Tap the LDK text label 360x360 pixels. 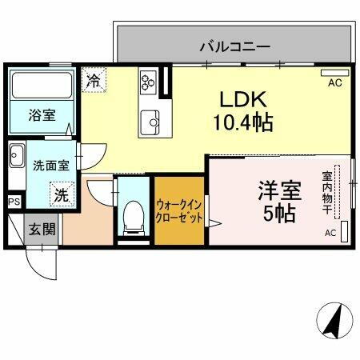[x=244, y=100]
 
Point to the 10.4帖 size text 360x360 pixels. [x=244, y=123]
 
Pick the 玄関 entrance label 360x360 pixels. [x=43, y=230]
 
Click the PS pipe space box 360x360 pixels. [x=14, y=202]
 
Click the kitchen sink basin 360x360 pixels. [x=150, y=123]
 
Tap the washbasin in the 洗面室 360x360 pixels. [x=17, y=155]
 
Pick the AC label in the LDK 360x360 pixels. [x=334, y=82]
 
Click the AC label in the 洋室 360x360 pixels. [x=330, y=233]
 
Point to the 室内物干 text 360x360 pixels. [x=328, y=191]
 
